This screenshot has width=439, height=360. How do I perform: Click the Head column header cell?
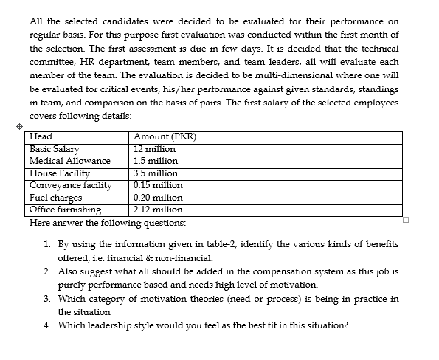click(x=41, y=136)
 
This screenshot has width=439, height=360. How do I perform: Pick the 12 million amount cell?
click(x=154, y=148)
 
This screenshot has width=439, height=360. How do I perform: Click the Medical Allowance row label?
click(x=69, y=160)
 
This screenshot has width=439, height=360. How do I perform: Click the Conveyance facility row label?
click(x=71, y=185)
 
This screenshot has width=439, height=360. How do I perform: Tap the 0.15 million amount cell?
click(x=158, y=185)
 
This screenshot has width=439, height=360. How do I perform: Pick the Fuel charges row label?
click(x=55, y=198)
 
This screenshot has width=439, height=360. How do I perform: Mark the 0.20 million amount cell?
click(x=158, y=198)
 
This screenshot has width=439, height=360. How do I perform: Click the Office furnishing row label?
click(x=65, y=210)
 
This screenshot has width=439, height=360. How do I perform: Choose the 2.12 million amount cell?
click(x=158, y=210)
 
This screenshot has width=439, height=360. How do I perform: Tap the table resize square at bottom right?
click(x=405, y=218)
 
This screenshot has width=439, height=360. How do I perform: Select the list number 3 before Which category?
click(x=46, y=299)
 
